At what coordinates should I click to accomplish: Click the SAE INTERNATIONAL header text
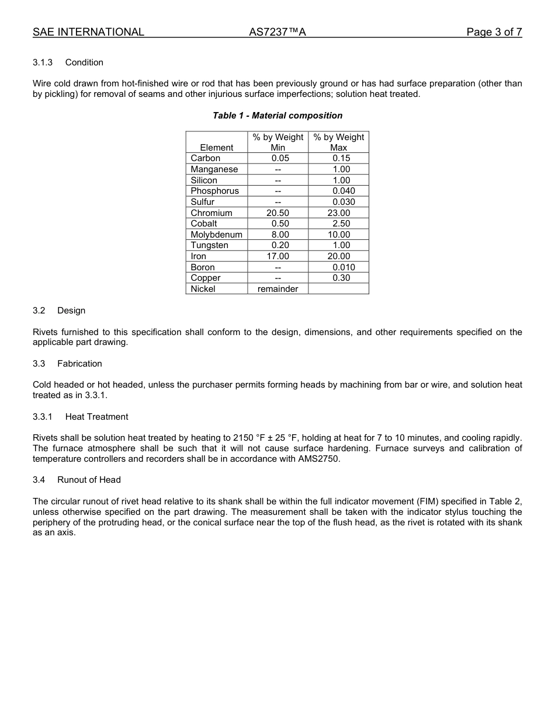tap(88, 32)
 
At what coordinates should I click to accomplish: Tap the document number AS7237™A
tap(277, 32)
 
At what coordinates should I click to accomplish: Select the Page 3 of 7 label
tap(494, 32)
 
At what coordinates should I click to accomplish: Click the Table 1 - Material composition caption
tap(277, 116)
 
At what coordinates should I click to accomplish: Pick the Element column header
tap(216, 148)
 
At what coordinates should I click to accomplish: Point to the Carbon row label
tap(206, 158)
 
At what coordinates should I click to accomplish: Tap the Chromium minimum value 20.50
tap(277, 213)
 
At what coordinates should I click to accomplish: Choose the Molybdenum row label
tap(216, 235)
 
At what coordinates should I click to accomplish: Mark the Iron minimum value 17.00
tap(277, 256)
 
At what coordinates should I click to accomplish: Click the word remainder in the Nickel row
tap(277, 289)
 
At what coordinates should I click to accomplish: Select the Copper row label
tap(206, 278)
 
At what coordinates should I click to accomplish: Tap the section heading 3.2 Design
tap(59, 311)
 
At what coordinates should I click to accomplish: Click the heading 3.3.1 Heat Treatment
tap(81, 417)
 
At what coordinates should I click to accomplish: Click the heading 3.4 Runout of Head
tap(77, 480)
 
